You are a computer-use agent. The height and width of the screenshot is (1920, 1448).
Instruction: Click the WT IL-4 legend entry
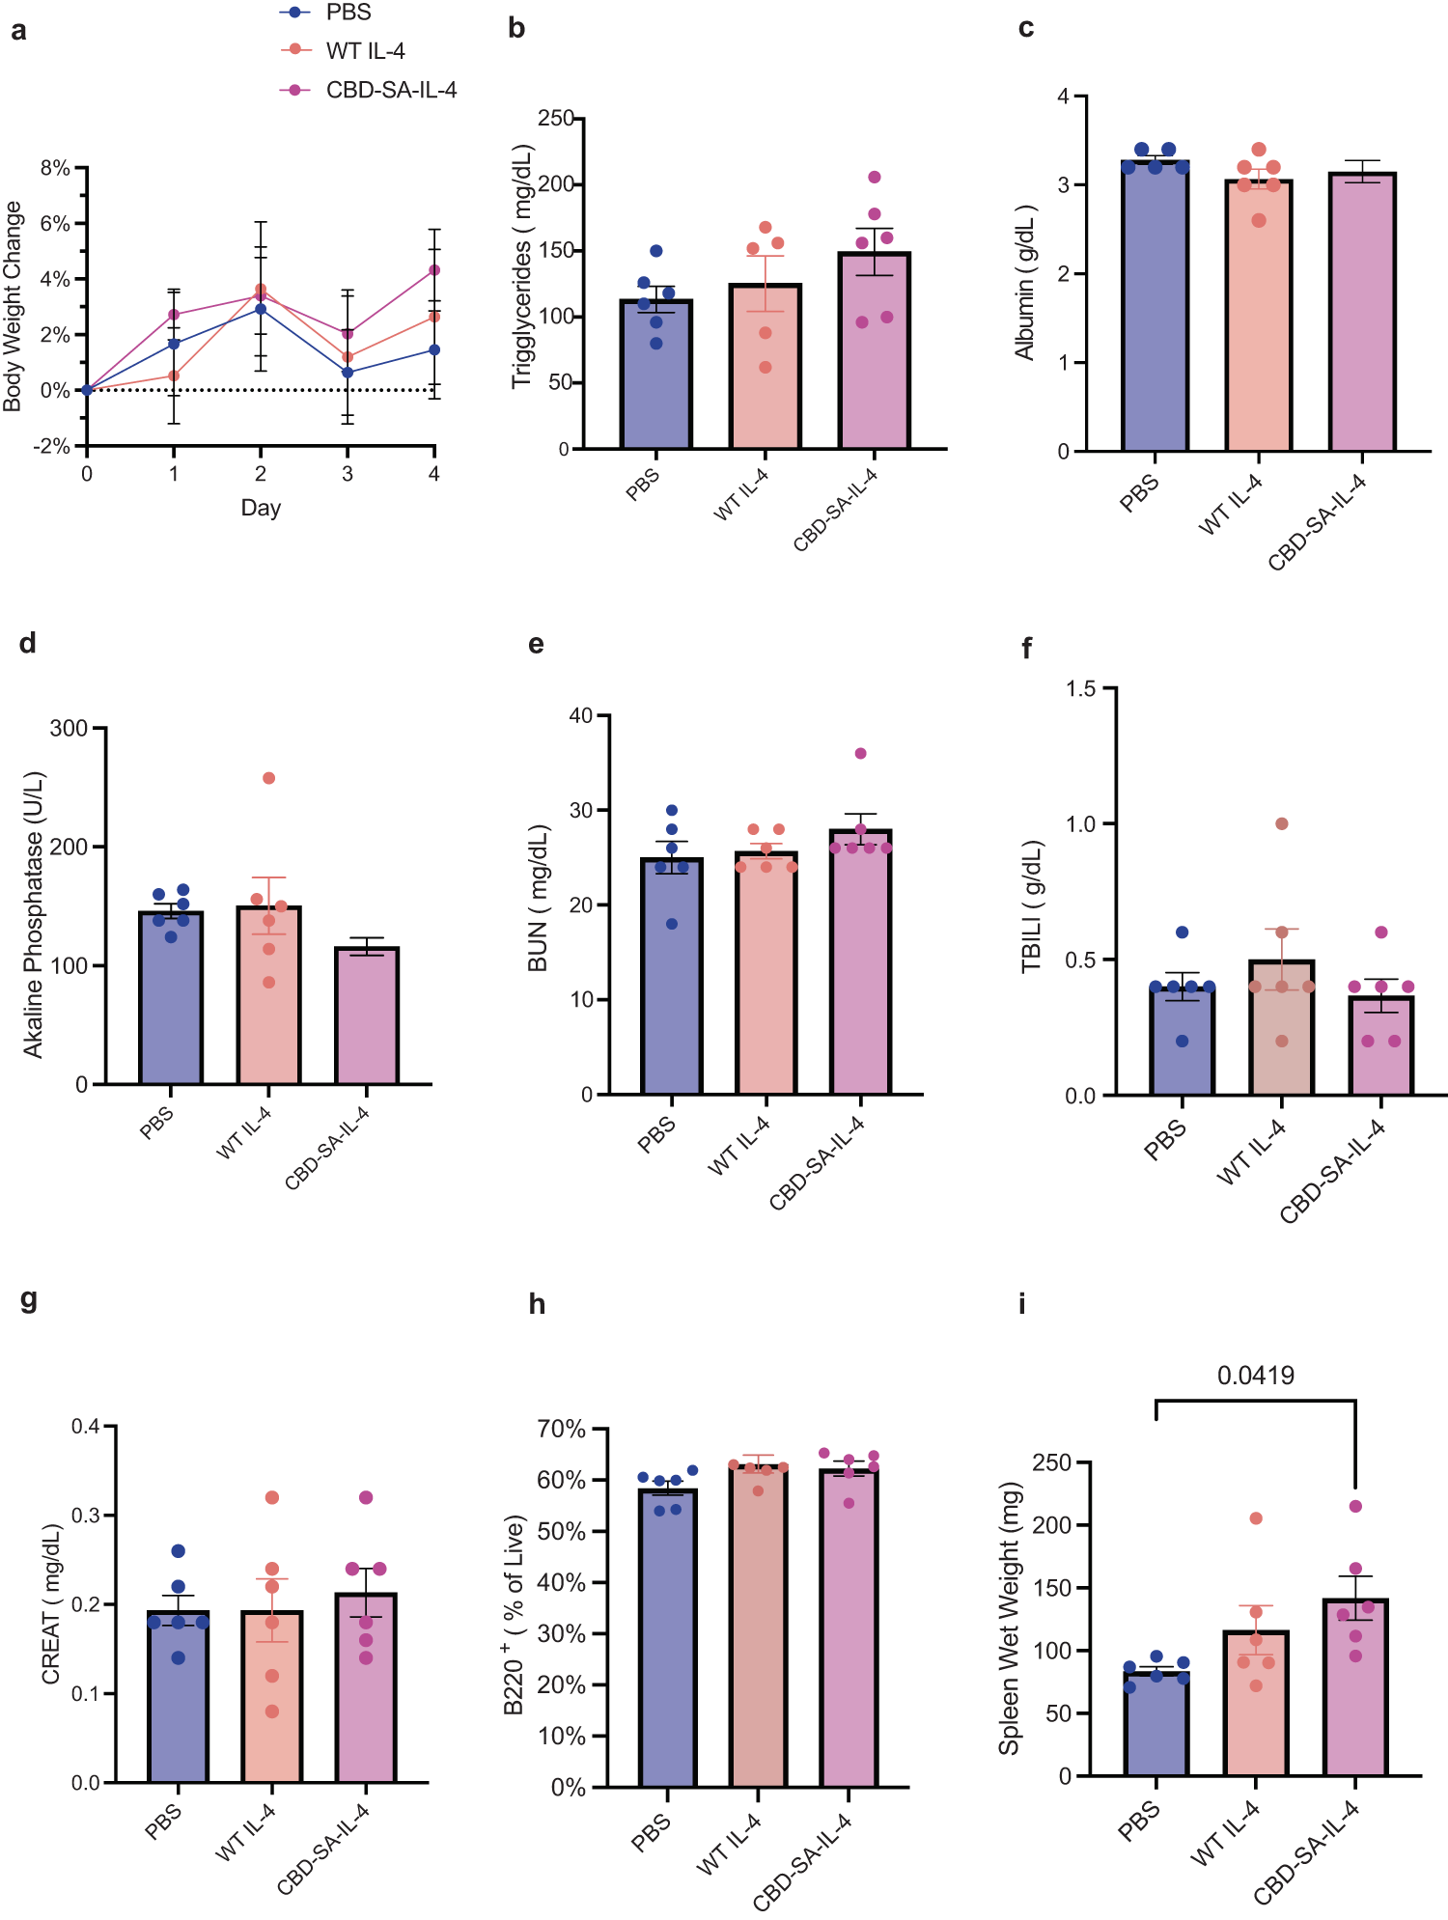point(364,51)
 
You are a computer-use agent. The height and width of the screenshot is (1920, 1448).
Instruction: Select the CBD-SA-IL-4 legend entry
point(390,90)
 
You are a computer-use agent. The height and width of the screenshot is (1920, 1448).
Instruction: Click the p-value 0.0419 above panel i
point(1255,1375)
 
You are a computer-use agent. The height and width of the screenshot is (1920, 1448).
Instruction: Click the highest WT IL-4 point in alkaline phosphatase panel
point(268,778)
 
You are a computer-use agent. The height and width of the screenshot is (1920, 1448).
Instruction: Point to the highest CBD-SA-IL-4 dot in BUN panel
point(860,753)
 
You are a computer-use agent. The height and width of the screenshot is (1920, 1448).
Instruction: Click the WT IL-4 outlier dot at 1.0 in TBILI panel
point(1281,823)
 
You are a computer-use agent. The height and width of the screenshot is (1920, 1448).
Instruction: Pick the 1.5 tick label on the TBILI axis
point(1080,688)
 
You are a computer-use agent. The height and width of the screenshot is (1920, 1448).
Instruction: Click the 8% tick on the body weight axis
point(55,168)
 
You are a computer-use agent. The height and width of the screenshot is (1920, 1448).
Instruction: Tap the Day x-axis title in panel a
point(261,508)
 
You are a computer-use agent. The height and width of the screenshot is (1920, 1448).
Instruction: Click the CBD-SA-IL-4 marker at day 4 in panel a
point(434,270)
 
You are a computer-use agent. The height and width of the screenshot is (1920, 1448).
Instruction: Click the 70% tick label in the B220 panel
point(562,1429)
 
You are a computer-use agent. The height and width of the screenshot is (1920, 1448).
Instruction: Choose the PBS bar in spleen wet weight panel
point(1156,1728)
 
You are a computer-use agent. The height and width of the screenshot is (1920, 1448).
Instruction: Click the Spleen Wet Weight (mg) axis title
point(1009,1619)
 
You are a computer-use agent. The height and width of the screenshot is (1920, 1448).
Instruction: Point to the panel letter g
point(28,1299)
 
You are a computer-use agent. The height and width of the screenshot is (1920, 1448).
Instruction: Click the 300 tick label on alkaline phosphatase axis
point(69,728)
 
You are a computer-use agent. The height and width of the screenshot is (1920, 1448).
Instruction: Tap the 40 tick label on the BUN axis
point(581,715)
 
